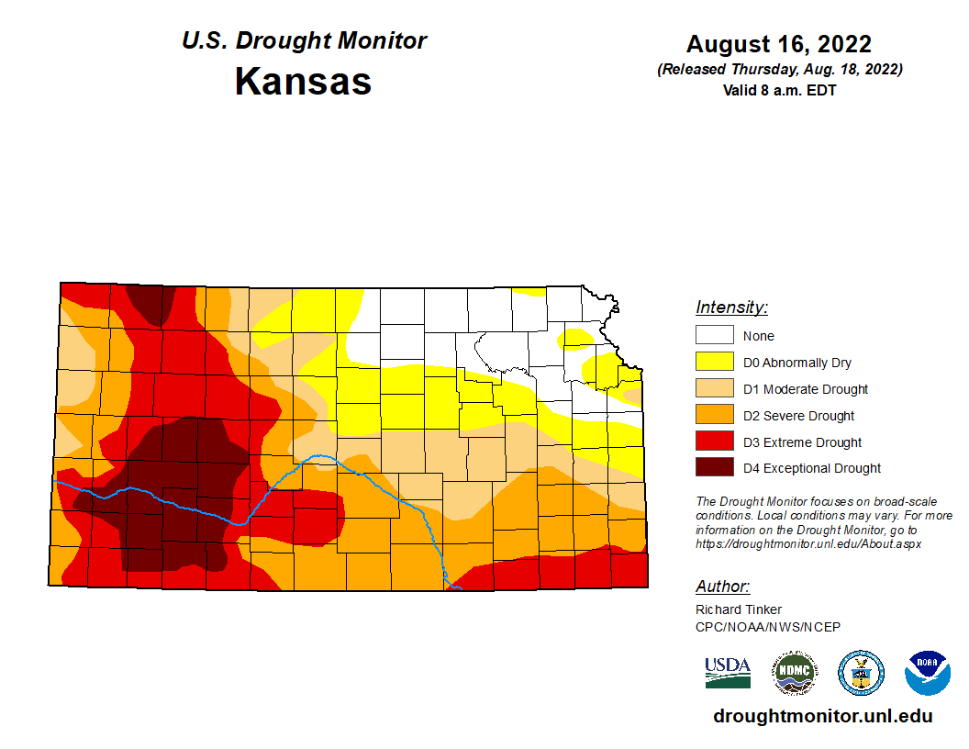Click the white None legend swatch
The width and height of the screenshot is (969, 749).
pyautogui.click(x=714, y=335)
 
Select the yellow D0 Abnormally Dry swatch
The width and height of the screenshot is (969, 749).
pyautogui.click(x=714, y=362)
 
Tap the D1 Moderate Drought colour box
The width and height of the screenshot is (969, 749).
pyautogui.click(x=714, y=388)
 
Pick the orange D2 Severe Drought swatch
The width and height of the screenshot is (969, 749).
pyautogui.click(x=714, y=415)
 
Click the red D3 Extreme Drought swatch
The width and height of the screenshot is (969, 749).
pyautogui.click(x=714, y=442)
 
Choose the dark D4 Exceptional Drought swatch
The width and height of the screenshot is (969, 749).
pyautogui.click(x=714, y=468)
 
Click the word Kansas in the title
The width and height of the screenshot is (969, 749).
pyautogui.click(x=303, y=81)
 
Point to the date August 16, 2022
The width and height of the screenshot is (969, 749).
pyautogui.click(x=778, y=43)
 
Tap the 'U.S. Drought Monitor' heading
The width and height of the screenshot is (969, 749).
pyautogui.click(x=304, y=41)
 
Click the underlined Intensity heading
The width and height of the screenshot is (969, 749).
pyautogui.click(x=731, y=307)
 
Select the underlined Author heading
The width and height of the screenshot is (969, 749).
pyautogui.click(x=722, y=587)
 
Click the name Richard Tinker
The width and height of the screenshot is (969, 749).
pyautogui.click(x=739, y=609)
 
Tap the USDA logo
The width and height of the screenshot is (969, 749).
pyautogui.click(x=728, y=672)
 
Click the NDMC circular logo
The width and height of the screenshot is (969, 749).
pyautogui.click(x=794, y=673)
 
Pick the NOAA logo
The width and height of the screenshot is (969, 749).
pyautogui.click(x=927, y=673)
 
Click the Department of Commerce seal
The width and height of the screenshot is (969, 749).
pyautogui.click(x=861, y=673)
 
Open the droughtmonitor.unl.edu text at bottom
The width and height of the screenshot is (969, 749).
pyautogui.click(x=822, y=717)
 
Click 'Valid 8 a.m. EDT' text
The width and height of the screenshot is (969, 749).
pyautogui.click(x=779, y=90)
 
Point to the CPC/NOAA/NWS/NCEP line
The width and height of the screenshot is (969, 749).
pyautogui.click(x=768, y=627)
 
